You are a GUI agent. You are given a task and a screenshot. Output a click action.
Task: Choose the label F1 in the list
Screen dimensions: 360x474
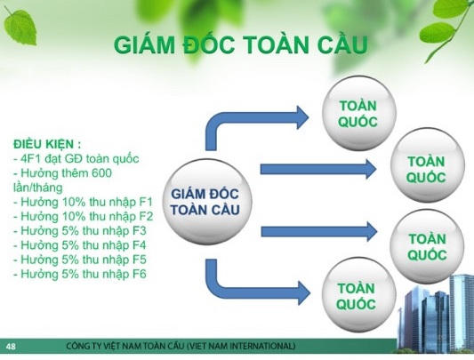click(146, 202)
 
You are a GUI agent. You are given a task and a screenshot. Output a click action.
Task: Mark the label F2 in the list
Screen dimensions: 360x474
click(146, 216)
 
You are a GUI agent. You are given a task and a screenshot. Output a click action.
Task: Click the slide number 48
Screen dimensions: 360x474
click(11, 345)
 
